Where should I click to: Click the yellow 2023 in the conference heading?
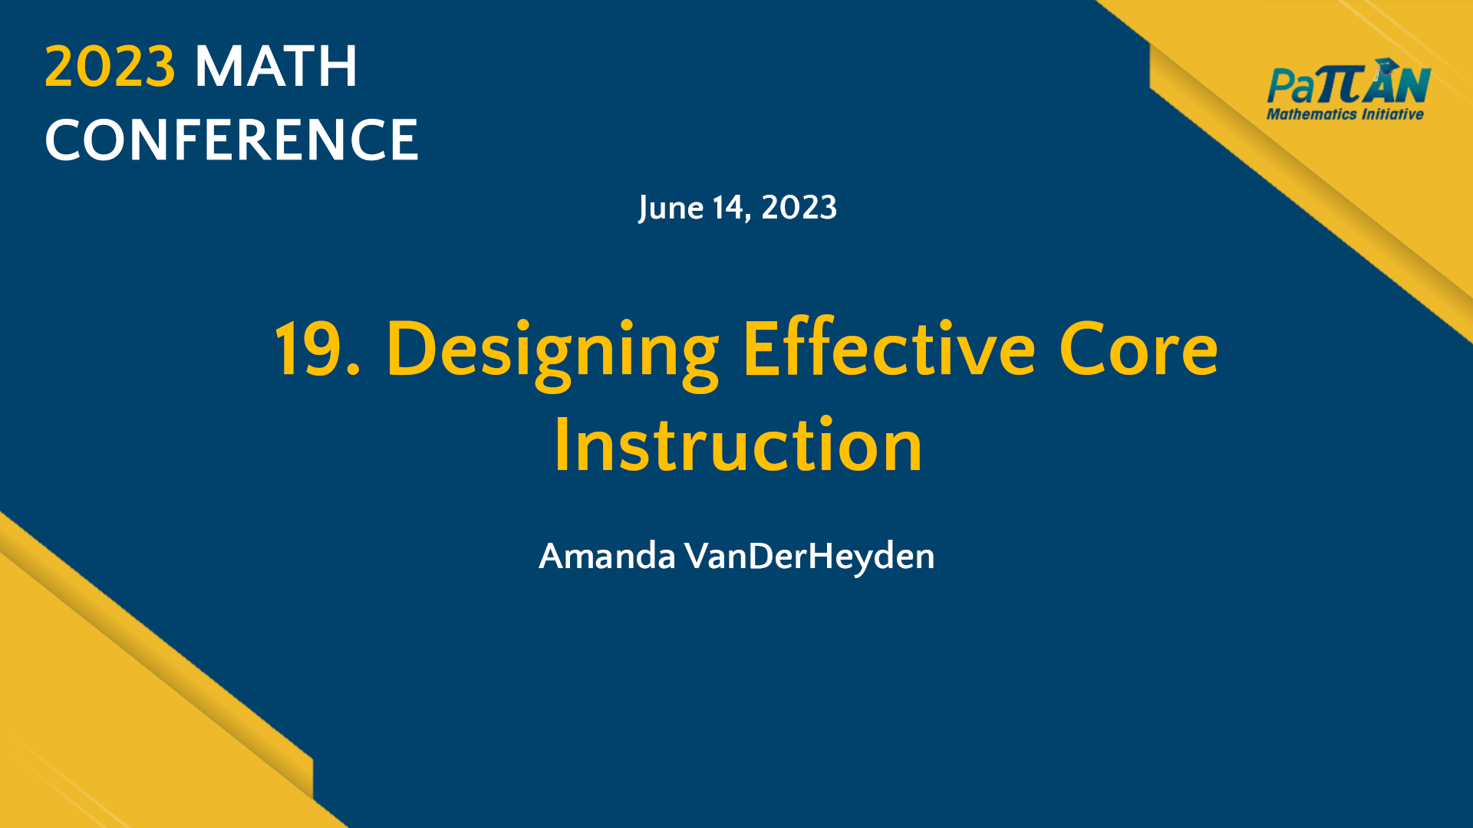click(110, 67)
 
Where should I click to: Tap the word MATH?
click(276, 67)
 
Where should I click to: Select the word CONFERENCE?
click(232, 140)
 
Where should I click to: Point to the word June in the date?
click(671, 208)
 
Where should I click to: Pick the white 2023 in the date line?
click(799, 208)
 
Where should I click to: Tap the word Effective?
click(889, 350)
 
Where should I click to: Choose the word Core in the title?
click(1139, 350)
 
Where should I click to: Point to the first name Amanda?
click(607, 557)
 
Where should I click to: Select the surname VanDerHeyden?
click(809, 557)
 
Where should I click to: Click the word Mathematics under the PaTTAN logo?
click(1311, 114)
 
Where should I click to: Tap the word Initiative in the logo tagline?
click(1392, 114)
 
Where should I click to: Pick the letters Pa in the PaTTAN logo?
click(1290, 86)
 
